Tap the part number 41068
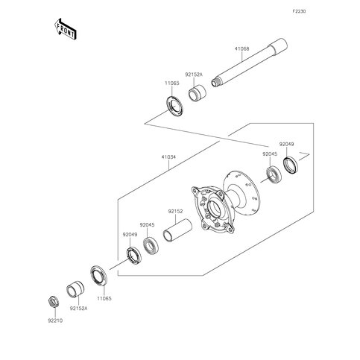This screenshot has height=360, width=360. (x=243, y=49)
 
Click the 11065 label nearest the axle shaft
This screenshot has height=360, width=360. (x=171, y=84)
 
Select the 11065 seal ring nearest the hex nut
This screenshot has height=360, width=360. (x=98, y=277)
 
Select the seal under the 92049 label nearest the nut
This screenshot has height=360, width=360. (x=133, y=255)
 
